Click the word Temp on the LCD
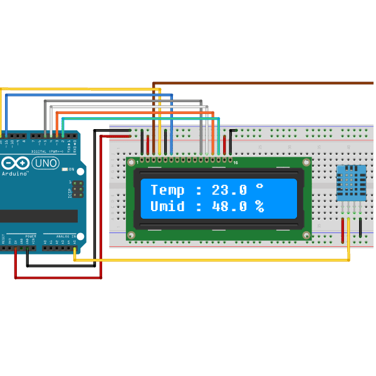coord(167,190)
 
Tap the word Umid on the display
coord(167,206)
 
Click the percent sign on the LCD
coord(258,206)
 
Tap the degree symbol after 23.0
coord(258,187)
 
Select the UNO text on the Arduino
coord(45,163)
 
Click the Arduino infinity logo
coord(19,163)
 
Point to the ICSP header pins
coord(78,187)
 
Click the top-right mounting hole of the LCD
coord(306,163)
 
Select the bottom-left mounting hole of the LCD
coord(131,235)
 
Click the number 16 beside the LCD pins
coord(236,163)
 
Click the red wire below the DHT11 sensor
coord(343,229)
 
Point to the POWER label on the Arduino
coord(31,237)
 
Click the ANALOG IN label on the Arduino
coord(65,237)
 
